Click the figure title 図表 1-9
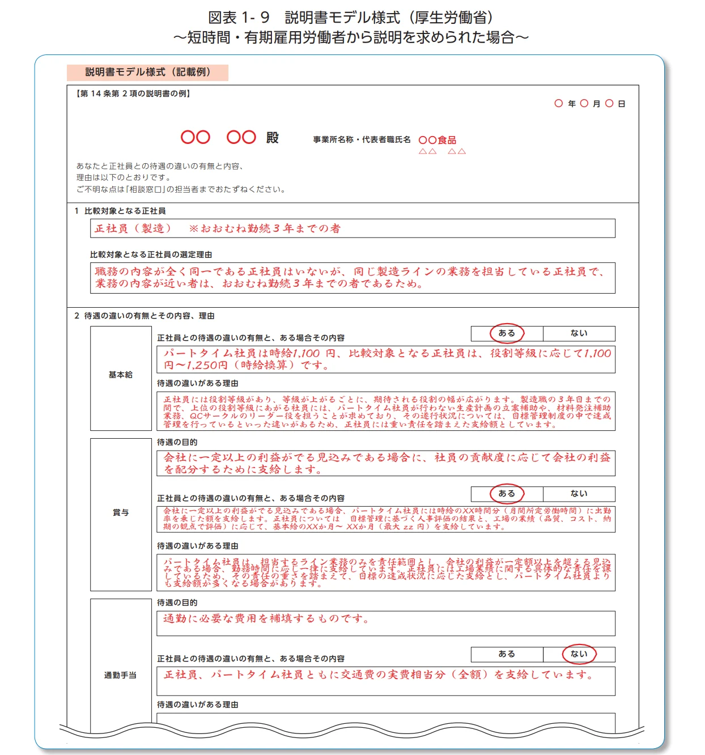point(239,18)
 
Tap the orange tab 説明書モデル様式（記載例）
point(147,73)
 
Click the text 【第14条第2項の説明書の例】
point(133,94)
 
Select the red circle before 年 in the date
point(559,103)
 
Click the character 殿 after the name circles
point(273,138)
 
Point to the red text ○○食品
point(437,140)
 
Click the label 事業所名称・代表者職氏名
point(362,139)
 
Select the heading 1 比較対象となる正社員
point(120,211)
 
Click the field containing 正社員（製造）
point(352,228)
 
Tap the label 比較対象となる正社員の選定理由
point(151,255)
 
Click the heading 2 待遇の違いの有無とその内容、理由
point(145,316)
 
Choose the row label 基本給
point(121,375)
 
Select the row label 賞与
point(121,512)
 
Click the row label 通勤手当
point(121,675)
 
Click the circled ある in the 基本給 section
point(507,333)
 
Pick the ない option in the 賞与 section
point(579,494)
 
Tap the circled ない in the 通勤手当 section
point(579,654)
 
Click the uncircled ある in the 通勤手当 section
point(507,654)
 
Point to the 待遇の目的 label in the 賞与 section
point(177,442)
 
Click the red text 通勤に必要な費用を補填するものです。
point(266,618)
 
